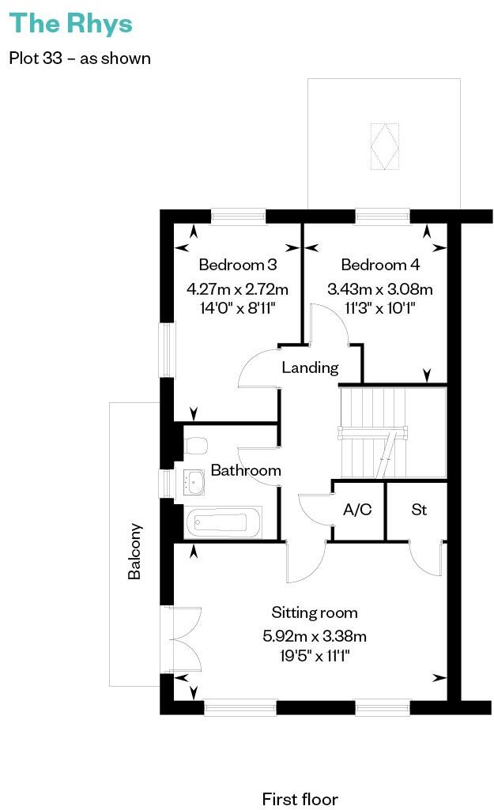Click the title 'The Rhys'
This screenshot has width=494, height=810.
point(70,24)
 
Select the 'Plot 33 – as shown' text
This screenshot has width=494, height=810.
point(79,58)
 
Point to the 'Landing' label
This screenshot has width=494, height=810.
point(311,367)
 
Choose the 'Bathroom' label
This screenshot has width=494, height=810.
point(246,471)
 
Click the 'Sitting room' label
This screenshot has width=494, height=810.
point(315,612)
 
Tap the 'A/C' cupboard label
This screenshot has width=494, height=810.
point(357,510)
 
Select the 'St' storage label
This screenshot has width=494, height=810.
point(419,510)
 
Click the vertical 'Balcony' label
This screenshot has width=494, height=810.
point(135,552)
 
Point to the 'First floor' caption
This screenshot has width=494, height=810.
point(300,800)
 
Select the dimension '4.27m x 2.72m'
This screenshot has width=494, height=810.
point(237,288)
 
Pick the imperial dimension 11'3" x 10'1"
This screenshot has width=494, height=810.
point(380,308)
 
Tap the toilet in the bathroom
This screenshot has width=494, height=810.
point(194,446)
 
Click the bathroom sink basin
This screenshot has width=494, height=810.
point(194,482)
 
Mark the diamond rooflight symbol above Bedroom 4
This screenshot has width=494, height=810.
point(386,146)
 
